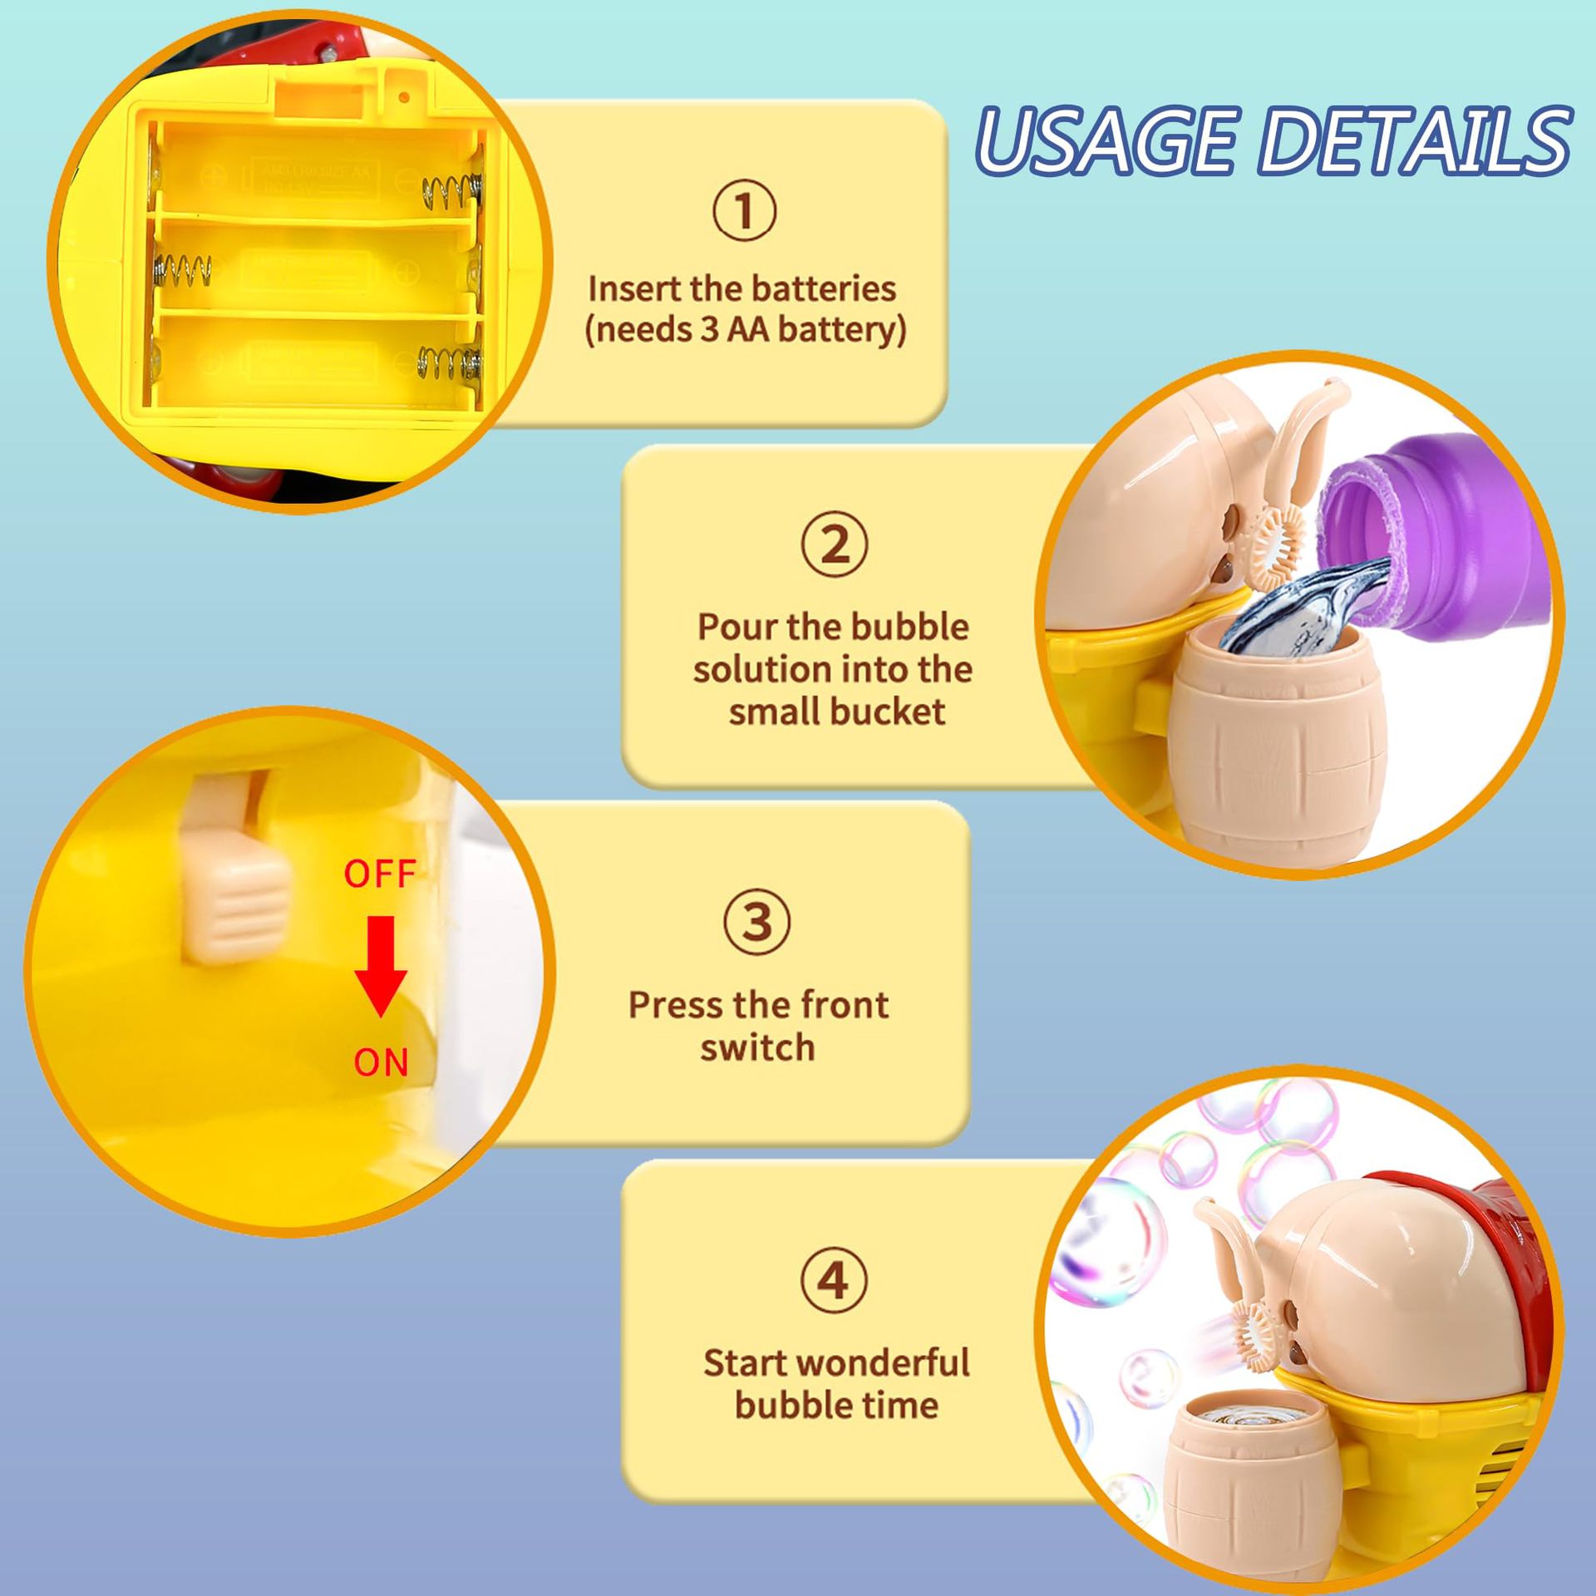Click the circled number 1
tap(744, 211)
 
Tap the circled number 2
tap(835, 546)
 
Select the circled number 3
tap(757, 923)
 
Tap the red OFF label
tap(380, 874)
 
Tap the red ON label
tap(382, 1062)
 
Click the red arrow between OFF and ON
tap(381, 967)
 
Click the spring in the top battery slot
tap(451, 194)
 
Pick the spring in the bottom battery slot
tap(449, 364)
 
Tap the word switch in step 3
tap(757, 1047)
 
